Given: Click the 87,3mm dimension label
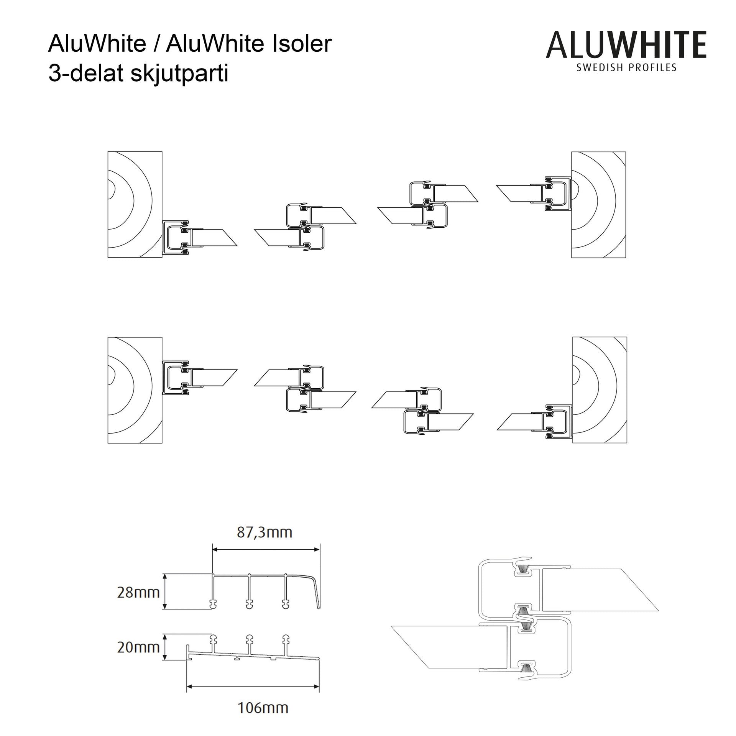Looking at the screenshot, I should tap(264, 532).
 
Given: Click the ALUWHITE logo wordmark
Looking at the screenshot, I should tap(626, 45).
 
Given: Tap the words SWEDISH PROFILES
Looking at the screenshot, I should tap(626, 68).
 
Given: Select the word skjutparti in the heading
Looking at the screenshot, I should tap(179, 74).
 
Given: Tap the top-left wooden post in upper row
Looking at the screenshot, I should tap(135, 205).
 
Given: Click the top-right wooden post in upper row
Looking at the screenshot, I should tap(598, 205).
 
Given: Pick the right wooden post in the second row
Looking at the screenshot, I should tap(600, 390).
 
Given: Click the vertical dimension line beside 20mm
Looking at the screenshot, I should tap(165, 647).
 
